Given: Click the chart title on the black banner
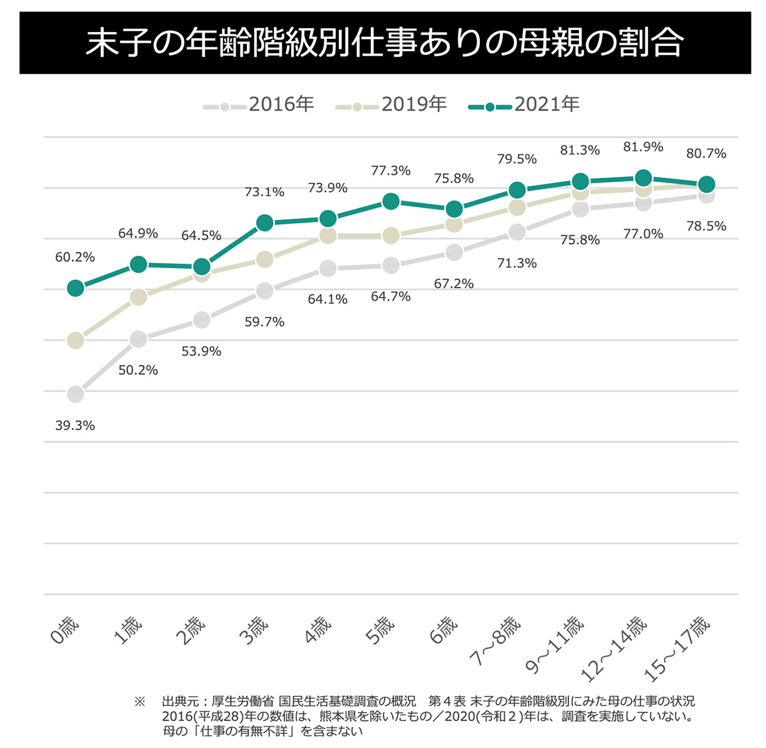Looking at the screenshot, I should click(384, 42).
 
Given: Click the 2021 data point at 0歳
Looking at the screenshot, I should click(75, 288).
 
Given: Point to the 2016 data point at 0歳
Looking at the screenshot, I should click(75, 394).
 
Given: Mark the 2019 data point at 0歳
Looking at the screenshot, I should click(75, 340).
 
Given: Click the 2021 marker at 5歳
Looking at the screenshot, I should click(391, 201).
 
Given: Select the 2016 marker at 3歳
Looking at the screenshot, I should click(264, 291).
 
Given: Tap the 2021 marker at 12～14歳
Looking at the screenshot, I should click(643, 178).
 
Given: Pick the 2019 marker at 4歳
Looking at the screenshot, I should click(327, 236).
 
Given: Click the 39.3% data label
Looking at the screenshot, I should click(75, 425).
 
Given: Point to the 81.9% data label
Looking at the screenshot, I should click(643, 147).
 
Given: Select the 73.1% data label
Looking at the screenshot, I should click(264, 192).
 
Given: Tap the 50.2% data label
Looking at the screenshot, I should click(138, 370).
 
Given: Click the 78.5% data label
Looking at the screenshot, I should click(706, 226).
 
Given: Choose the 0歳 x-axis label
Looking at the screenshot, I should click(65, 630).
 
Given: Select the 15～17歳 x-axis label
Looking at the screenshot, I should click(677, 648).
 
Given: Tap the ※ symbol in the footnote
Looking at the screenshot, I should click(140, 701).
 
